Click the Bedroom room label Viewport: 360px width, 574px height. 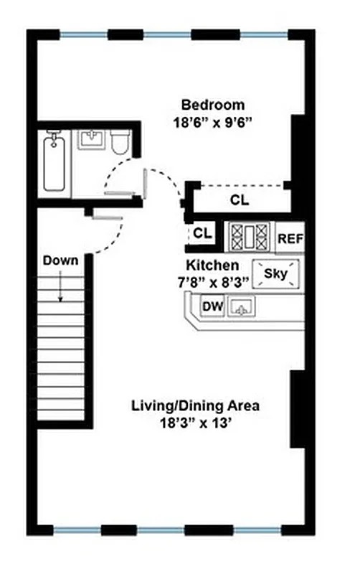(212, 105)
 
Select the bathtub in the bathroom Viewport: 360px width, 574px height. (55, 164)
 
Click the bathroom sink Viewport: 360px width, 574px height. (91, 141)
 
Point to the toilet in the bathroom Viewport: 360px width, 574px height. (120, 142)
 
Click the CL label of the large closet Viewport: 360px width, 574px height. (240, 200)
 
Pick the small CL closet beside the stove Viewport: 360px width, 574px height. (202, 234)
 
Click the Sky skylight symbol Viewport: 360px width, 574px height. (276, 273)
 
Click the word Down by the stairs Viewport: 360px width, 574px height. (60, 260)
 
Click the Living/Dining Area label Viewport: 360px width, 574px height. (195, 405)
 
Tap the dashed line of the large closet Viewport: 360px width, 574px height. (240, 184)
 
